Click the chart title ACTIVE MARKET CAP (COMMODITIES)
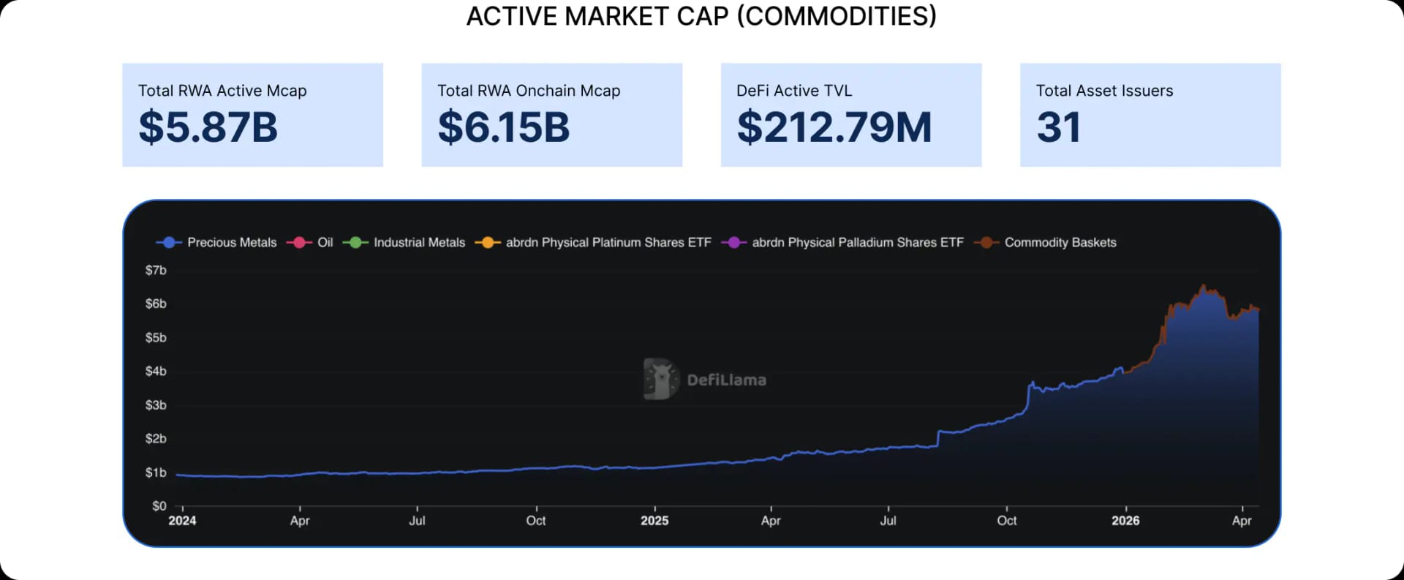click(x=701, y=16)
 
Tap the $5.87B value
click(x=208, y=127)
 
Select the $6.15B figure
click(x=503, y=127)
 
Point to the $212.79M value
click(x=834, y=127)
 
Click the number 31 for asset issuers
click(x=1058, y=127)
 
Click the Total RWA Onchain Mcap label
click(x=529, y=91)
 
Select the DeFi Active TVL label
click(x=794, y=91)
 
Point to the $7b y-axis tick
click(x=156, y=270)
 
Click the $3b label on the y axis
click(x=156, y=404)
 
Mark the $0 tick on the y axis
click(x=159, y=505)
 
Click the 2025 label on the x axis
click(x=654, y=520)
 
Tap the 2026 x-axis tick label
click(x=1125, y=520)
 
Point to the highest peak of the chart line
click(x=1203, y=286)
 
